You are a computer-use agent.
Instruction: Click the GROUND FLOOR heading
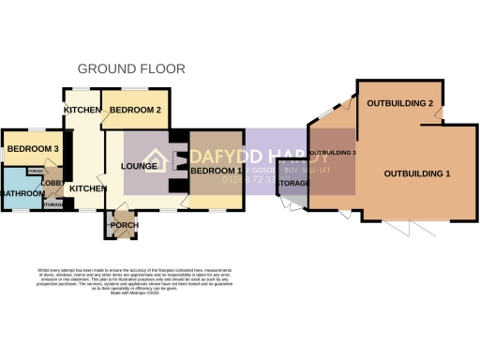(130, 68)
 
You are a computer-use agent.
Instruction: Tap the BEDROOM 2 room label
(135, 111)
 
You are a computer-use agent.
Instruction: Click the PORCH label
(124, 225)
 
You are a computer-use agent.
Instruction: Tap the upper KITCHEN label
(82, 111)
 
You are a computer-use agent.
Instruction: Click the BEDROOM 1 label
(217, 172)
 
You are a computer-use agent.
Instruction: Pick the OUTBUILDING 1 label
(417, 174)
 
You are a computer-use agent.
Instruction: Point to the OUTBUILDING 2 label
(398, 102)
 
